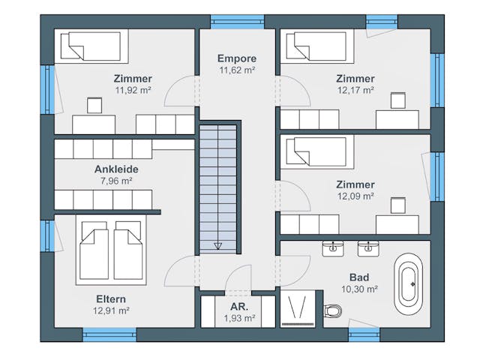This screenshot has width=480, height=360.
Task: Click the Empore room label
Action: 237,58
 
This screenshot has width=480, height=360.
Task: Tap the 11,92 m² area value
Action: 133,90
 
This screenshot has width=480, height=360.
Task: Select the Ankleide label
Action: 116,169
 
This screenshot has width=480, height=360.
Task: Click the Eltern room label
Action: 111,298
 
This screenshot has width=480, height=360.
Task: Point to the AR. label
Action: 239,307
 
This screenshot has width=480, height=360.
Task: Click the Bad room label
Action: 359,277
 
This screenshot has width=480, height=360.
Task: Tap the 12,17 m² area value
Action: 355,90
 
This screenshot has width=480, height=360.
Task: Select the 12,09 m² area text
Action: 355,196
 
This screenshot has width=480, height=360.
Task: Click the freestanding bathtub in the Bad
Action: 408,283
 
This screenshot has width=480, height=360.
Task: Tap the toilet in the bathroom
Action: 333,311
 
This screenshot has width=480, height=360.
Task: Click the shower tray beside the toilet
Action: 298,308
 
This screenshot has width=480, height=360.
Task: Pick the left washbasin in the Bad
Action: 333,248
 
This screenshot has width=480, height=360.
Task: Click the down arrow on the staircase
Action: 217,245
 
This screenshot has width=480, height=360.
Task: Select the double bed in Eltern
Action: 111,250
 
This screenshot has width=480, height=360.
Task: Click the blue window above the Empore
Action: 237,22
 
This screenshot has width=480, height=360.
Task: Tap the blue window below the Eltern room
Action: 109,334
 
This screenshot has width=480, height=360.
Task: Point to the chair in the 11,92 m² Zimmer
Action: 94,106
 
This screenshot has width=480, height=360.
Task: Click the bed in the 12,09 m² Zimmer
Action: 317,151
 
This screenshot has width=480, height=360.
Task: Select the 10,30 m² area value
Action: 359,289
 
